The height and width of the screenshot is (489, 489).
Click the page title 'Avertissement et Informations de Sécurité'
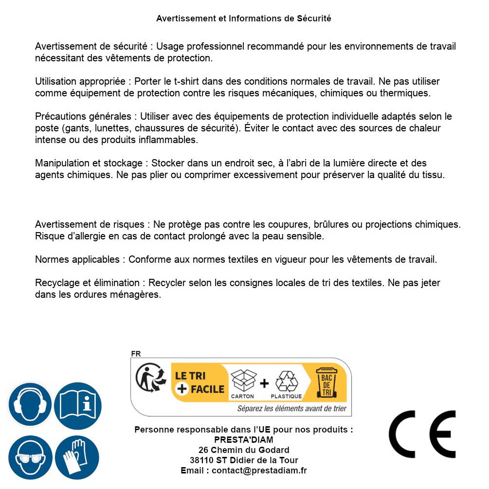coord(243,18)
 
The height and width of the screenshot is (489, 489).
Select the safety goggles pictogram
coord(30,458)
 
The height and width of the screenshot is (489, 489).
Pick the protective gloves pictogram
coord(77,458)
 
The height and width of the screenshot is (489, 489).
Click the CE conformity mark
coord(422,434)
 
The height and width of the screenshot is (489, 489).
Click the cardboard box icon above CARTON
coord(243,380)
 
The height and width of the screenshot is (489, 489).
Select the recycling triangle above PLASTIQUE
coord(286,381)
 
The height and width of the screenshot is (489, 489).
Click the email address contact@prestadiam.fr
coord(259,471)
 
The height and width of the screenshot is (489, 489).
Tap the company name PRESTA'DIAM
coord(243,440)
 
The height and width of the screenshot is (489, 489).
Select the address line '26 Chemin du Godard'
coord(243,450)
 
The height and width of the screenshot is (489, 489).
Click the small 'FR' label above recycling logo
coord(136,354)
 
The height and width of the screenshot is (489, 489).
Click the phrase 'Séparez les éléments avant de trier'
coord(291,409)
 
